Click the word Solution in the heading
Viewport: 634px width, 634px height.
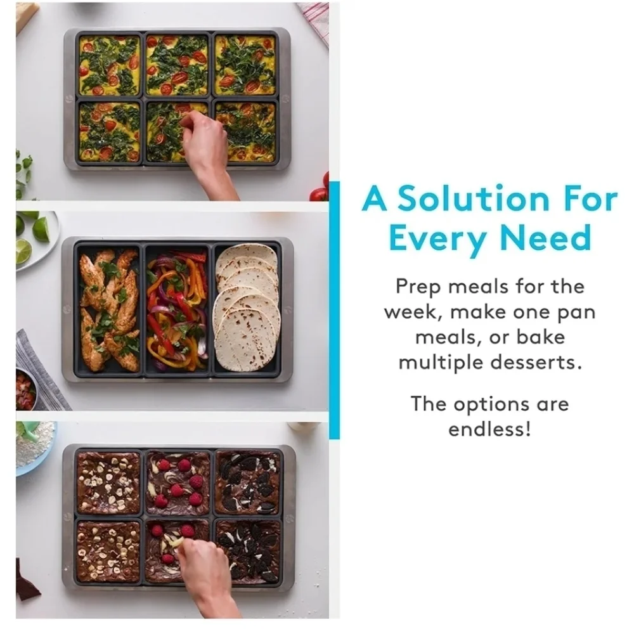pos(474,198)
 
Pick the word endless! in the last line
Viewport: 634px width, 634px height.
pos(489,429)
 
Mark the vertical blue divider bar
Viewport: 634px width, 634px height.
pos(334,310)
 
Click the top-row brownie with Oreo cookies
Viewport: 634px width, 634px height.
pos(247,482)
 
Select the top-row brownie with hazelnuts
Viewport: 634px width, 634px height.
pos(108,482)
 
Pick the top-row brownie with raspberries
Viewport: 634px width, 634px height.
pos(178,482)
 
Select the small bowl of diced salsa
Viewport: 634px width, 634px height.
pos(25,388)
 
